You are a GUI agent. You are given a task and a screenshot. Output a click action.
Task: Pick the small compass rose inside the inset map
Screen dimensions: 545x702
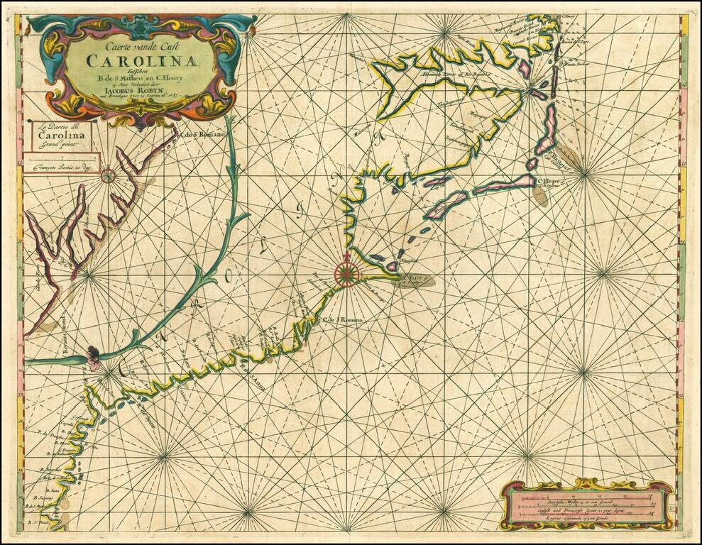point(108,172)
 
